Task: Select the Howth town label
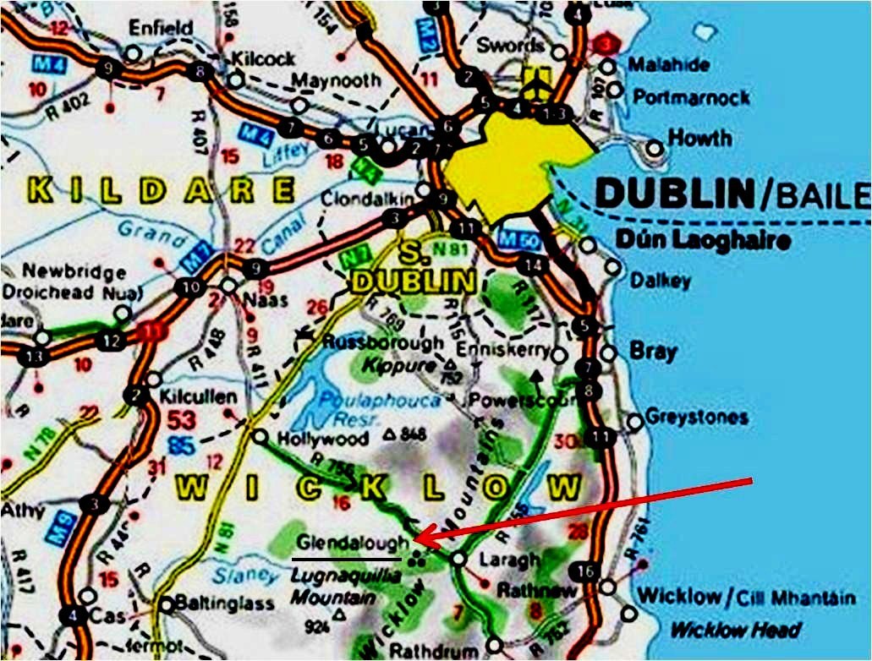click(700, 138)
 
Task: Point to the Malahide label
click(668, 66)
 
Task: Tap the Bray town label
click(653, 352)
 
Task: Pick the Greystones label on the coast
click(696, 418)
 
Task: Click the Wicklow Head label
click(735, 630)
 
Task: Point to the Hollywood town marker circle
click(261, 436)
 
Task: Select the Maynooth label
click(336, 80)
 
